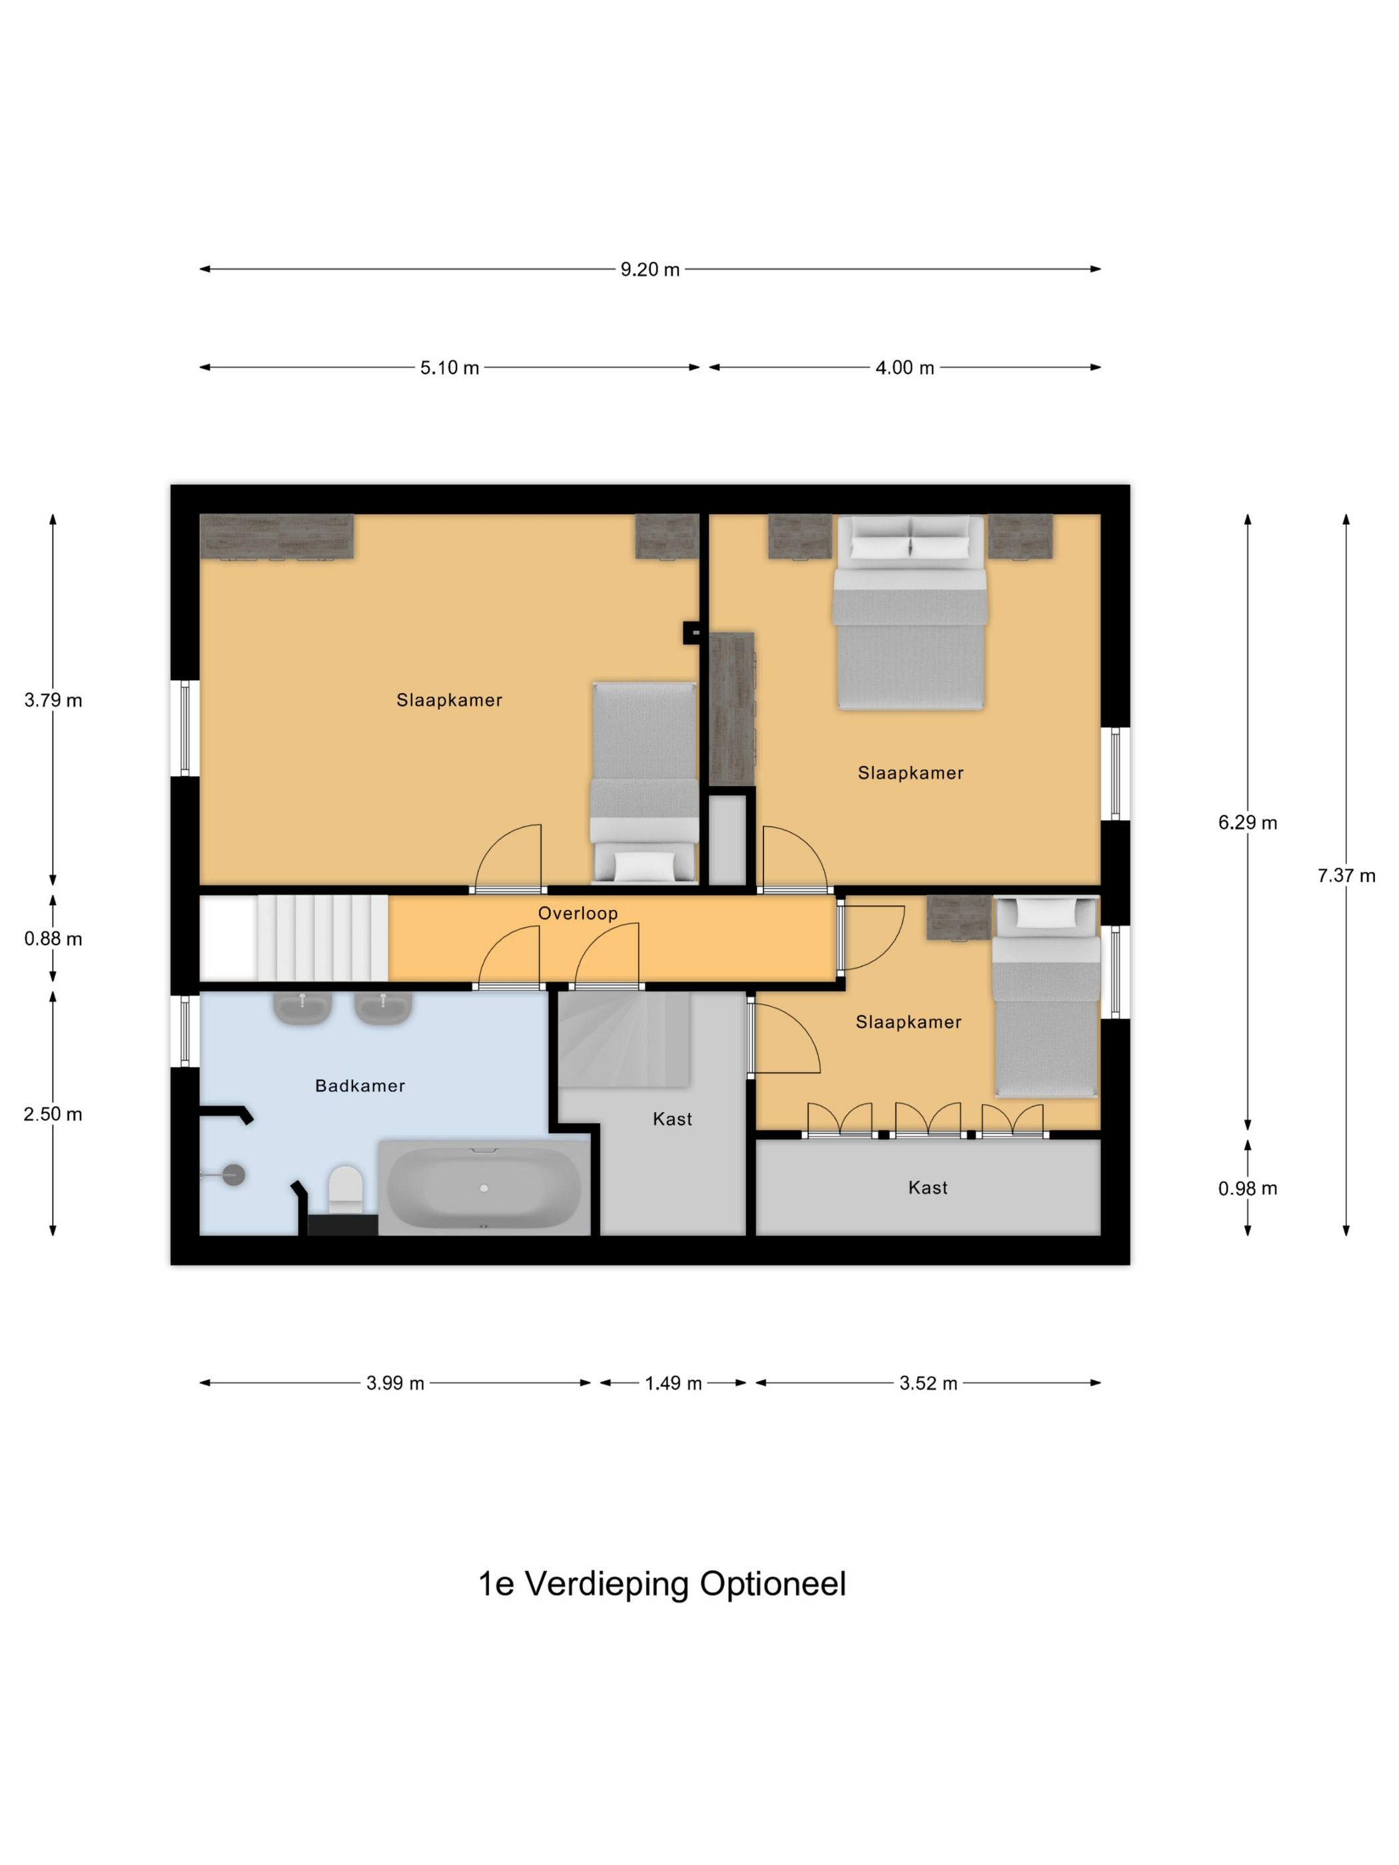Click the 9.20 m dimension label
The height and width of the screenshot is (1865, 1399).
pos(650,270)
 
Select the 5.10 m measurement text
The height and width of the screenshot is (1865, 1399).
pos(450,368)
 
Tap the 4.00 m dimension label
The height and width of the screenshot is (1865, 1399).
pos(905,368)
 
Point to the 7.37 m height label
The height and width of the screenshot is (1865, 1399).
pos(1346,876)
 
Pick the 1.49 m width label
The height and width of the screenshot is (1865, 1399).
pos(673,1383)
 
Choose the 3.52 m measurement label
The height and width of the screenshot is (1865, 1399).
pos(927,1383)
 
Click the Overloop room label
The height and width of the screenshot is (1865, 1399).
pos(578,913)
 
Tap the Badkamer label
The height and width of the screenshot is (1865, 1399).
pos(360,1086)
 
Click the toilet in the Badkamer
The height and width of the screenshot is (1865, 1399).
pos(345,1190)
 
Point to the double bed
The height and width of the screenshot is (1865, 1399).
pos(910,612)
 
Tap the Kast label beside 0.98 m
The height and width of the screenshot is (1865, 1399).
pos(927,1188)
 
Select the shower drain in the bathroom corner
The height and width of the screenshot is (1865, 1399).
pos(233,1174)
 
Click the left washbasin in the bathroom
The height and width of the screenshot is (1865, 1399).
pos(302,1008)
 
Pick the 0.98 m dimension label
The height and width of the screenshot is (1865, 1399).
pos(1247,1189)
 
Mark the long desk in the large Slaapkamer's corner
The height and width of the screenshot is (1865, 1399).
pos(276,537)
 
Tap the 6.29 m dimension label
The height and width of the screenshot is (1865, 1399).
pos(1247,823)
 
